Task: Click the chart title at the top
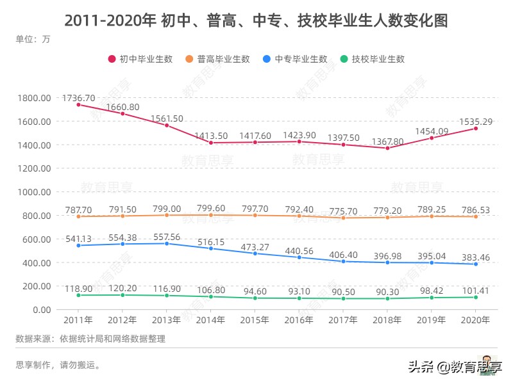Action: tap(256, 20)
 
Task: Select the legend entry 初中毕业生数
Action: tap(140, 59)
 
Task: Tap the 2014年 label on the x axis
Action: tap(211, 319)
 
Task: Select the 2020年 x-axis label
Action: tap(476, 319)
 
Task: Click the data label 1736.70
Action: tap(79, 98)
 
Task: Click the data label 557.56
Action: tap(167, 236)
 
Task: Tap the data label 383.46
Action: tap(476, 257)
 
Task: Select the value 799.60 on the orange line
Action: tap(211, 208)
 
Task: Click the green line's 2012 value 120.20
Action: tap(122, 288)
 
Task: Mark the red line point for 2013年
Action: tap(167, 125)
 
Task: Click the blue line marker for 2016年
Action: tap(299, 257)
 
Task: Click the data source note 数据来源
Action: tap(90, 339)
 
